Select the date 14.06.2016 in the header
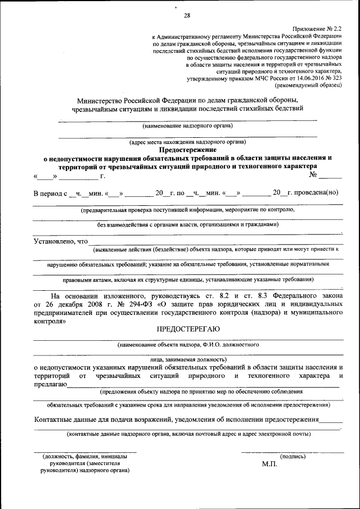(x=305, y=79)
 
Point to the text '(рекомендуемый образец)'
(x=308, y=86)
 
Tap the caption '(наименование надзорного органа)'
(x=187, y=126)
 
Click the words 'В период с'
(x=50, y=193)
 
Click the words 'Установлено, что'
(x=61, y=241)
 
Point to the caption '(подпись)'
(x=292, y=457)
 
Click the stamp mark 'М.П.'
(x=269, y=465)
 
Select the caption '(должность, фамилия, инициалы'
(x=84, y=457)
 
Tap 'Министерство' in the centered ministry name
(x=101, y=100)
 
